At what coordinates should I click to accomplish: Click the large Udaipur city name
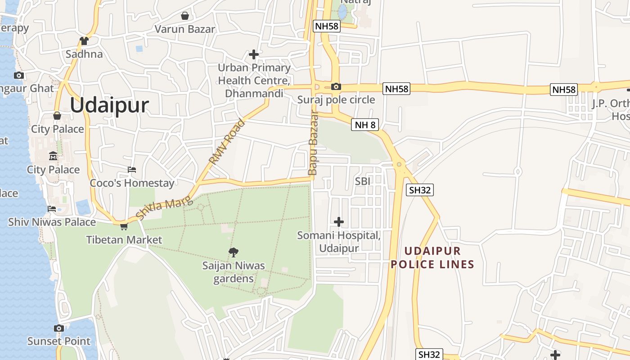coord(109,105)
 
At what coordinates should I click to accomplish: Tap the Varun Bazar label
coord(184,29)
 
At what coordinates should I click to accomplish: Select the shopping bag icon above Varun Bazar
coord(184,16)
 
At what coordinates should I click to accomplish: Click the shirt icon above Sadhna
coord(84,41)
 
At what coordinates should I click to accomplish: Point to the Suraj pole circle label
coord(336,99)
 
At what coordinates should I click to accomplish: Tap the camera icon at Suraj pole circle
coord(336,86)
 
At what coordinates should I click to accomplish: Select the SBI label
coord(363,181)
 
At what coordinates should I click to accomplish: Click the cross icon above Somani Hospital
coord(338,222)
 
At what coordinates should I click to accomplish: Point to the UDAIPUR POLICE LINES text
coord(432,258)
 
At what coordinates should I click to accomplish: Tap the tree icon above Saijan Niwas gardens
coord(233,252)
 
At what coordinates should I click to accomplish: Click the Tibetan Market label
coord(124,239)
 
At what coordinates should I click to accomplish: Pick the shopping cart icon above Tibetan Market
coord(124,226)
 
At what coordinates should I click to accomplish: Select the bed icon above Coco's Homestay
coord(132,170)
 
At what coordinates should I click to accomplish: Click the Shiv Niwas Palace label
coord(52,222)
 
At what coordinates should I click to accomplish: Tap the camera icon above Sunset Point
coord(58,328)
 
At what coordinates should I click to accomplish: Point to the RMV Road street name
coord(227,142)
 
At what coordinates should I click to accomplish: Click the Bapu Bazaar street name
coord(312,143)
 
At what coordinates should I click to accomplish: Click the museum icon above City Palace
coord(53,157)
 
